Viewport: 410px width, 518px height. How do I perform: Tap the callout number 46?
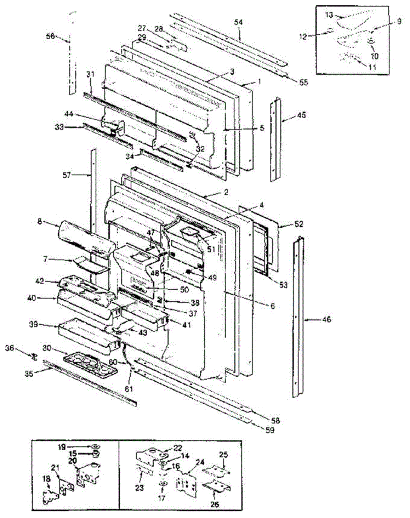[x=326, y=319]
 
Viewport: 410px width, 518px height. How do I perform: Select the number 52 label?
[x=298, y=224]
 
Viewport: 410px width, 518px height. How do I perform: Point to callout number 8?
[x=40, y=221]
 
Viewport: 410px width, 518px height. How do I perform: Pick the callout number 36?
[x=10, y=347]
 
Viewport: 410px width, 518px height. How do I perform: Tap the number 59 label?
[x=270, y=430]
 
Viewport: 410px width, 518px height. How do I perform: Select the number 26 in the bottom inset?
[x=215, y=497]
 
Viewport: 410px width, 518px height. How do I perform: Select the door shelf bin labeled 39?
[x=89, y=335]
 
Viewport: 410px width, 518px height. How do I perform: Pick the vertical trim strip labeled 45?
[x=275, y=139]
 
